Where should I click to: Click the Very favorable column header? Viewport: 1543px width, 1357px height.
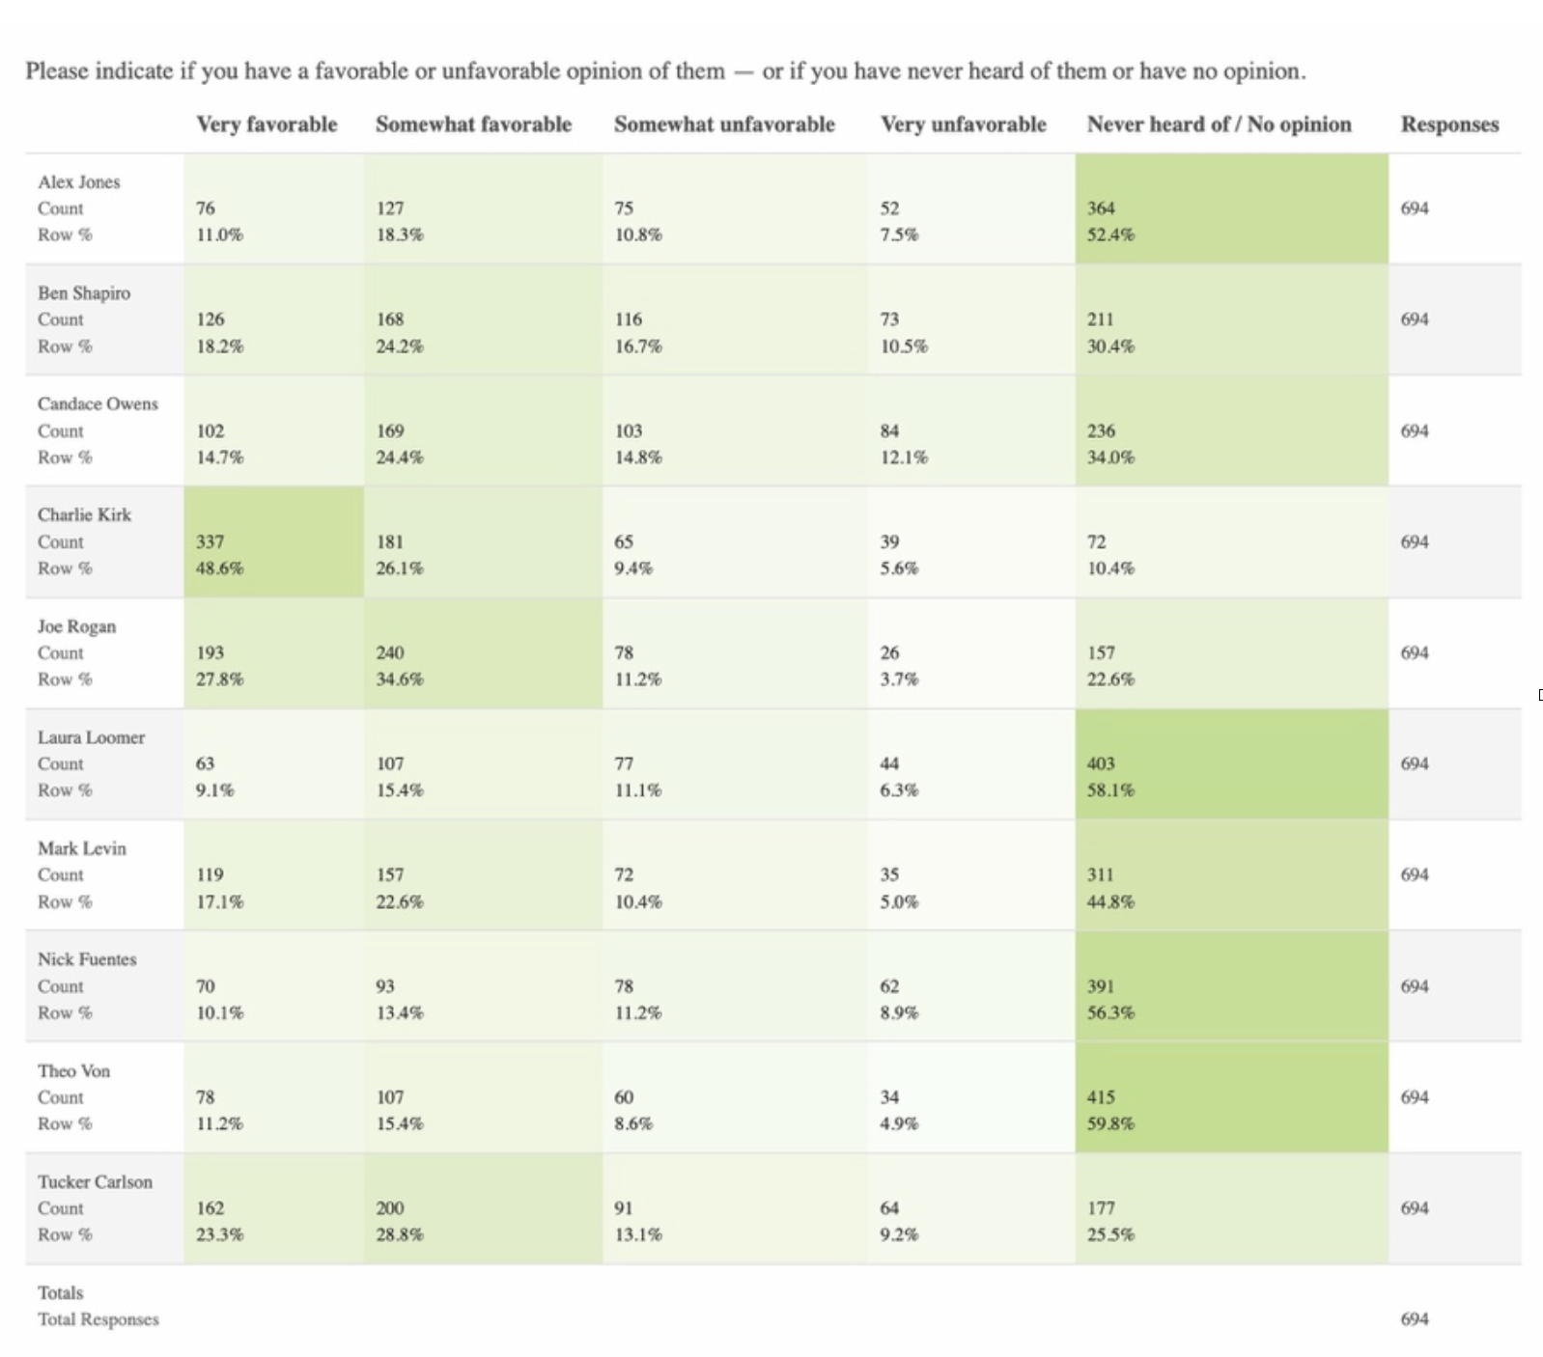(x=267, y=125)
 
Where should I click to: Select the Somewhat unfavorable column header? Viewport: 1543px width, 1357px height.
(x=724, y=125)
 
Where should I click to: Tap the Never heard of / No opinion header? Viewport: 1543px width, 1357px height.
(x=1219, y=125)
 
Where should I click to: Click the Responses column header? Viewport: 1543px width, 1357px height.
(x=1449, y=125)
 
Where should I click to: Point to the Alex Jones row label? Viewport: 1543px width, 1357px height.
(x=79, y=182)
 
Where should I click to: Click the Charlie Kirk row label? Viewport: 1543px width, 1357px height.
(x=84, y=515)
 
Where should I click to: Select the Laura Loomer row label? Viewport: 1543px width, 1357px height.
(x=91, y=737)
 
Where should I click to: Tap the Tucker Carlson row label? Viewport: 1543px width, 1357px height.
(x=95, y=1182)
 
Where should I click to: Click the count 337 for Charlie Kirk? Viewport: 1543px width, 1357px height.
(x=210, y=542)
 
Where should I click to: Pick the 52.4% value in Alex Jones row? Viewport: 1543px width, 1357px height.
(x=1110, y=235)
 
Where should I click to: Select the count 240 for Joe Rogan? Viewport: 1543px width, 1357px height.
(x=390, y=653)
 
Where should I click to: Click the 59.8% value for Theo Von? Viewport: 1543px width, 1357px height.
(x=1110, y=1123)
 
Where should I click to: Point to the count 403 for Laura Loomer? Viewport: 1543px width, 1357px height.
(x=1101, y=764)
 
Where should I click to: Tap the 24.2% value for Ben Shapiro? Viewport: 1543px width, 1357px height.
(x=400, y=346)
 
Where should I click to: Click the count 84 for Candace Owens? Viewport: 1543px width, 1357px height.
(x=889, y=431)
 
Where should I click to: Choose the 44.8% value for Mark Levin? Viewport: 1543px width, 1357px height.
(x=1110, y=901)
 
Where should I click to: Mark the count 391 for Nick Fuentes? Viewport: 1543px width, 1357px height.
(x=1101, y=986)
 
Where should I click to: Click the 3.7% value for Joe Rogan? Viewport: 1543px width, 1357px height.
(x=899, y=679)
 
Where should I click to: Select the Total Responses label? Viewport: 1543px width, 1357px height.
(x=98, y=1319)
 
